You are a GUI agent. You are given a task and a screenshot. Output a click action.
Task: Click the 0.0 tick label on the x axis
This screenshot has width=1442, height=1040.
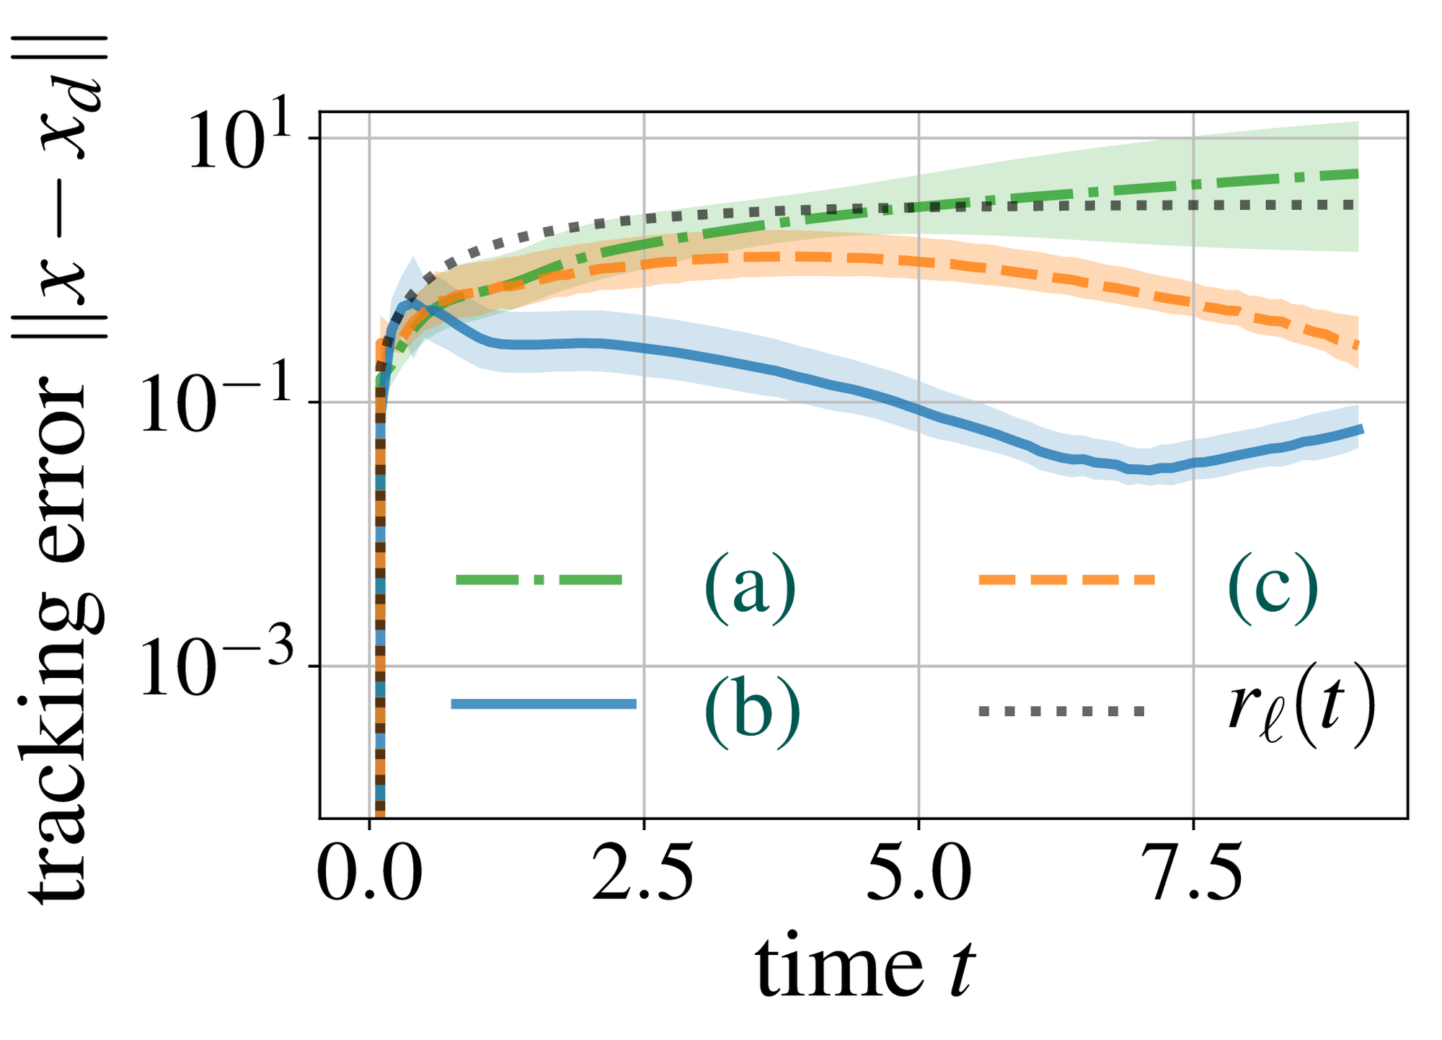pos(369,876)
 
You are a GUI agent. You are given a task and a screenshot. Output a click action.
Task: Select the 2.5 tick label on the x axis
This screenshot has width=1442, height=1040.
pos(643,876)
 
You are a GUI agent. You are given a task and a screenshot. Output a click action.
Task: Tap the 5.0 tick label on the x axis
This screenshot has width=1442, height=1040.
pos(919,876)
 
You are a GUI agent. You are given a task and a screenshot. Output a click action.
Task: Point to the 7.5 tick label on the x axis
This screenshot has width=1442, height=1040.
pos(1194,876)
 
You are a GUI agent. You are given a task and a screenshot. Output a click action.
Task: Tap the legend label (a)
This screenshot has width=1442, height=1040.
pos(750,583)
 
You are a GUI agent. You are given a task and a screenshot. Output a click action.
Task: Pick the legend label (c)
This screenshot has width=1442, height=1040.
pos(1273,583)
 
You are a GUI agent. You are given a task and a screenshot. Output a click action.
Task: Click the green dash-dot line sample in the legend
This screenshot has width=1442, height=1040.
pos(539,579)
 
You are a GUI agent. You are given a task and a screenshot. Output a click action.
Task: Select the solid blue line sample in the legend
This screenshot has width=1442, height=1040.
pos(543,704)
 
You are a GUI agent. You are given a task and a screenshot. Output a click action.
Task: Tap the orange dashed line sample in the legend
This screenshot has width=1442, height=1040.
pos(1066,579)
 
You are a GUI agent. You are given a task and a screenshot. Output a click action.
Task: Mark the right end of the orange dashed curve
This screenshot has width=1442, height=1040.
pos(1358,345)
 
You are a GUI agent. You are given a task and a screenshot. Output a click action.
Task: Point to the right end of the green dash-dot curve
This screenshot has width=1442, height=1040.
pos(1358,174)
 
